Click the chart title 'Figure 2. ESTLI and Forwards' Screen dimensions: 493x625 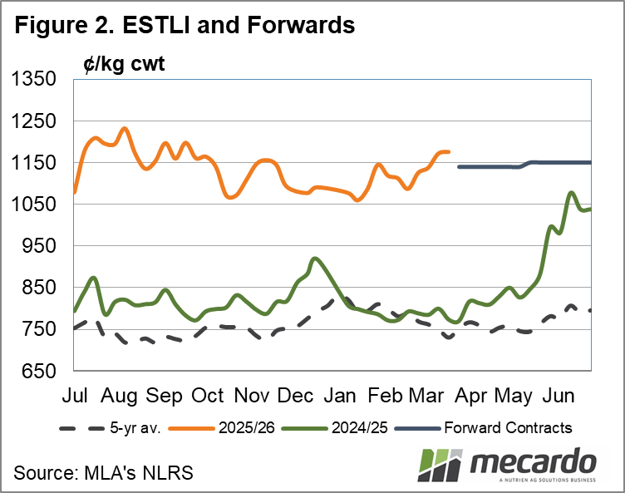click(x=184, y=26)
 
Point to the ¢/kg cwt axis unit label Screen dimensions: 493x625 click(x=124, y=63)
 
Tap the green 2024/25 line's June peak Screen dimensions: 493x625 click(x=571, y=193)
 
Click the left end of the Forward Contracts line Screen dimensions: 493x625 click(x=460, y=167)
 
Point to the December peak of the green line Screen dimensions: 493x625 click(x=313, y=259)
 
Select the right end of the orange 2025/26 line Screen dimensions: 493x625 click(x=449, y=151)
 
